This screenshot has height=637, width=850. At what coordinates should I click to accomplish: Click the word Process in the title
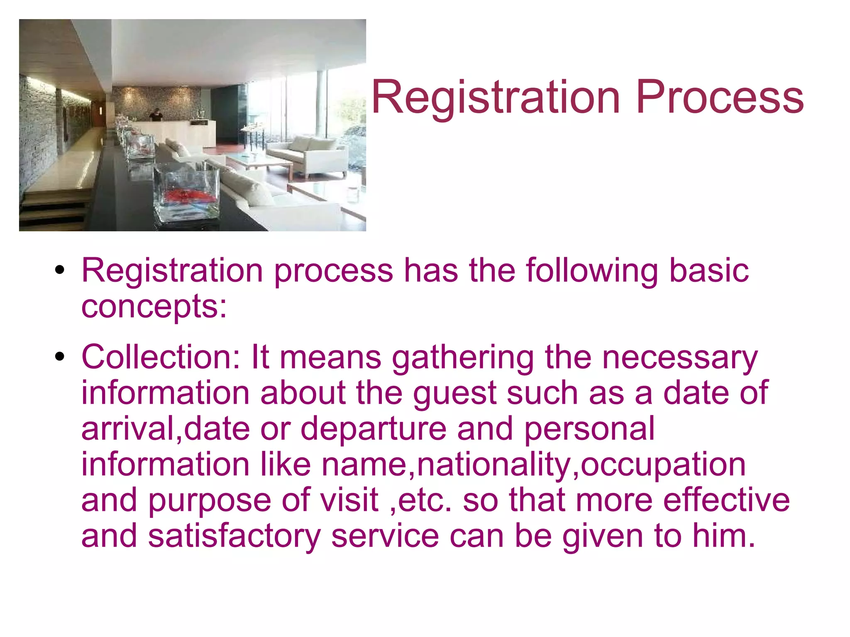click(720, 98)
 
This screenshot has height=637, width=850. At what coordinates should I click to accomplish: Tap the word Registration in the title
click(496, 98)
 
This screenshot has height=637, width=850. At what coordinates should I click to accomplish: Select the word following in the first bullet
click(592, 270)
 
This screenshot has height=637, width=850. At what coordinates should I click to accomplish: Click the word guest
click(454, 393)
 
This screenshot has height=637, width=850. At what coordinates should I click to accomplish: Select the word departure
click(373, 429)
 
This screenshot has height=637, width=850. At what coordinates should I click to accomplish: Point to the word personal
click(589, 429)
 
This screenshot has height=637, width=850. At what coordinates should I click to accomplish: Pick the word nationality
click(494, 464)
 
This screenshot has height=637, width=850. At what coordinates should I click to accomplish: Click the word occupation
click(663, 464)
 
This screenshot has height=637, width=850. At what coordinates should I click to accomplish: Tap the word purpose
click(210, 500)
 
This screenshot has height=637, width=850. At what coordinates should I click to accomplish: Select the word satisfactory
click(234, 536)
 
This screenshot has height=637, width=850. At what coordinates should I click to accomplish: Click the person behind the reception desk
click(156, 115)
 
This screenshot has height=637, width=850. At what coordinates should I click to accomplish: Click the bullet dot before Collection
click(60, 356)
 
